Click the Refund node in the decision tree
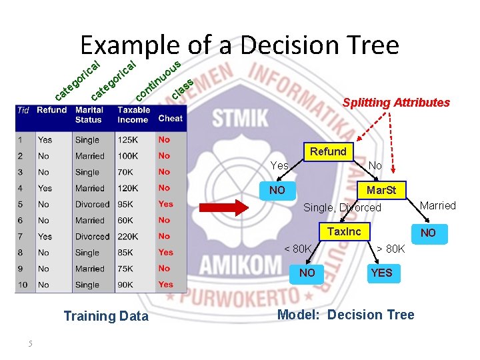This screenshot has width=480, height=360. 327,151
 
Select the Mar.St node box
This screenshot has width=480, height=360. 381,190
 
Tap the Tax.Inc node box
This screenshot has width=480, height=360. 343,231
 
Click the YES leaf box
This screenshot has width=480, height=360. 381,273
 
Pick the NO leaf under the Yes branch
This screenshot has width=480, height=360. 277,190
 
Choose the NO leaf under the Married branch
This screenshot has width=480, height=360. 427,232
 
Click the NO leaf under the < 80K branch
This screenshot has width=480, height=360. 307,273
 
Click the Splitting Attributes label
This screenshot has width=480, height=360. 396,103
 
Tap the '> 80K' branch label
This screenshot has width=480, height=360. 391,249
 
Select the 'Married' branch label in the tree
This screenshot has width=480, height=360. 438,205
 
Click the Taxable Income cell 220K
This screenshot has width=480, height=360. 128,237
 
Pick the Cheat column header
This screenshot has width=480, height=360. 170,118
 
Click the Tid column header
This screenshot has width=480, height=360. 23,110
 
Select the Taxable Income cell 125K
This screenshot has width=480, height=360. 128,140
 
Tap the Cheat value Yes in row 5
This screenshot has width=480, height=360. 165,204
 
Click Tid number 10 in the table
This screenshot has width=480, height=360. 23,285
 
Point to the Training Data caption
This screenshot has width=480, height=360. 106,316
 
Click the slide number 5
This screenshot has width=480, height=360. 30,343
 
